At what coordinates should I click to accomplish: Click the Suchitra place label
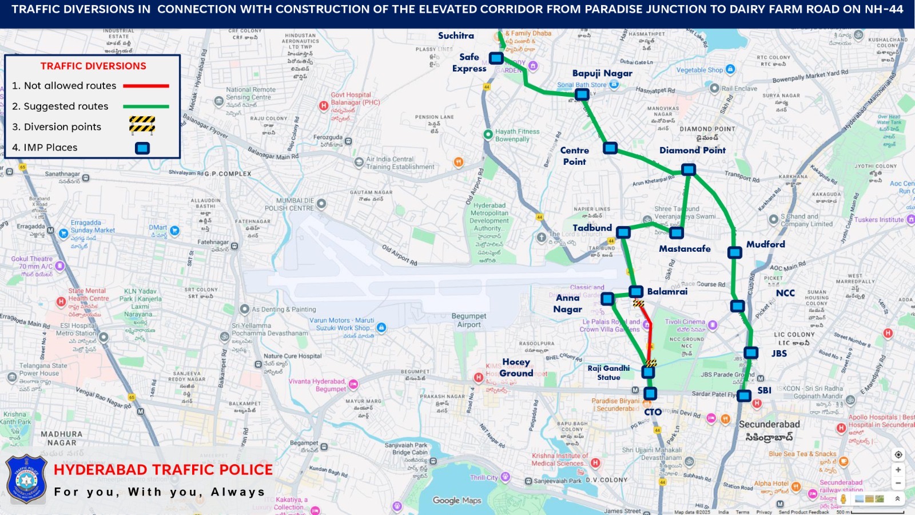click(x=456, y=35)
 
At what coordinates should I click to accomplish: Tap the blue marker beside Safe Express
click(x=496, y=58)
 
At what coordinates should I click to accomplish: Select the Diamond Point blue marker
click(x=689, y=169)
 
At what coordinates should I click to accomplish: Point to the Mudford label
click(x=765, y=244)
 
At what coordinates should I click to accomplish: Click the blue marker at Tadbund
click(x=623, y=232)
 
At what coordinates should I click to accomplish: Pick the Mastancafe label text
click(x=685, y=249)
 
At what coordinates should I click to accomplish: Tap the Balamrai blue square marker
click(x=636, y=292)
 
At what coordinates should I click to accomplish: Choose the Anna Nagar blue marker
click(x=607, y=299)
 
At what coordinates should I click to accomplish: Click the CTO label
click(x=653, y=412)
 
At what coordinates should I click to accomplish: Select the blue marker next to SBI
click(x=744, y=395)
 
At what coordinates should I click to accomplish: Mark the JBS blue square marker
click(x=751, y=353)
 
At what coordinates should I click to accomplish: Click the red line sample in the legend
click(x=146, y=86)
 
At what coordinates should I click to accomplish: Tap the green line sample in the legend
click(x=146, y=106)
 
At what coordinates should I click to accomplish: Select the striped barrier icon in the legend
click(x=142, y=124)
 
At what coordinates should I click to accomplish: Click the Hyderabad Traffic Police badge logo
click(x=26, y=479)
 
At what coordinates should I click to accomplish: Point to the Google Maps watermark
click(x=457, y=501)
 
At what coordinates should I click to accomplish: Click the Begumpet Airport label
click(x=468, y=320)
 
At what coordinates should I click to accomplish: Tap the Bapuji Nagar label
click(x=602, y=73)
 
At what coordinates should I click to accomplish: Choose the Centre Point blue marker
click(x=610, y=148)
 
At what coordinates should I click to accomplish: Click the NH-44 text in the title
click(x=884, y=9)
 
